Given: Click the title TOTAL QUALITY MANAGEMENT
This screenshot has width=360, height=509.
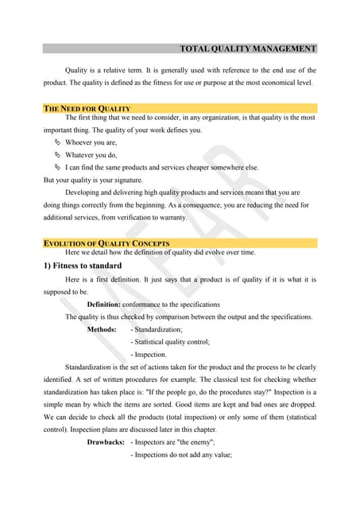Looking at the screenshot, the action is pyautogui.click(x=248, y=49).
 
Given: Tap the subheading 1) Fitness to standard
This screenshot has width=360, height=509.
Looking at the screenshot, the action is pyautogui.click(x=82, y=266).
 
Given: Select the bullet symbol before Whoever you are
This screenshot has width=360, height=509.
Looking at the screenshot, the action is pyautogui.click(x=57, y=142).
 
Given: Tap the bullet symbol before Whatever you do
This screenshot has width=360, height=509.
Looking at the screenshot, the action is pyautogui.click(x=57, y=155).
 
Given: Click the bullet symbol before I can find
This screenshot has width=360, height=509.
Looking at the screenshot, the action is pyautogui.click(x=57, y=168).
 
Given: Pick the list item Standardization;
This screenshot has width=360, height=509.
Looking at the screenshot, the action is pyautogui.click(x=158, y=329).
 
